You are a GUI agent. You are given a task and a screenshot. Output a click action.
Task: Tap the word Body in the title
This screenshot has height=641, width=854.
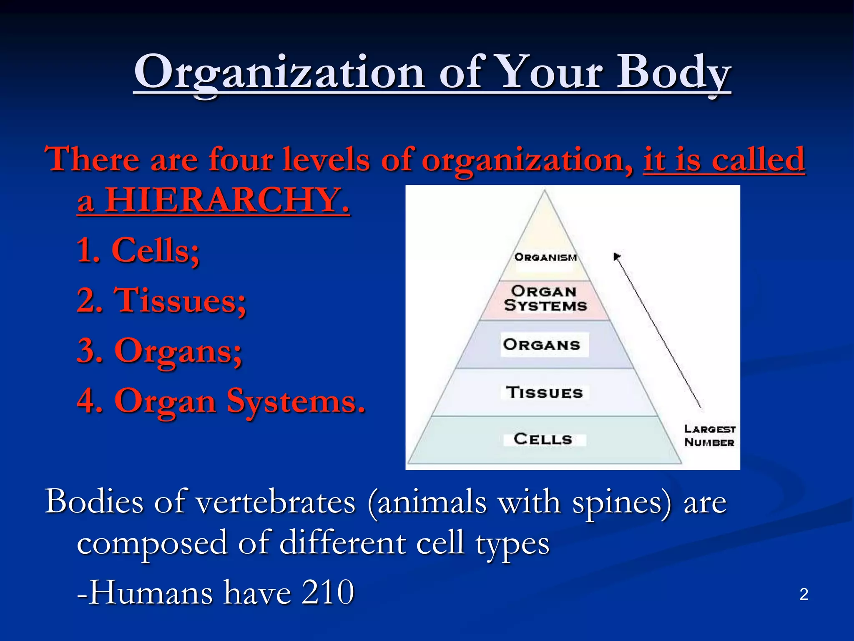(x=673, y=73)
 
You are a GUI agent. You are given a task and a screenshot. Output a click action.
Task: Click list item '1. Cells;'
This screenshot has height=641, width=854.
(x=138, y=250)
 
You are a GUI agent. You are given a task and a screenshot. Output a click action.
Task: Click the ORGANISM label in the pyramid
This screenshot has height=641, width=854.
(x=545, y=257)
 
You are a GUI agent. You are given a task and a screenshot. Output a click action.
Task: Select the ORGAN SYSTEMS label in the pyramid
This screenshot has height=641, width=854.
(x=545, y=298)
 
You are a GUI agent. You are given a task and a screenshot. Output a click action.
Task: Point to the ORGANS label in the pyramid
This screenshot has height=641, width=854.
(x=542, y=345)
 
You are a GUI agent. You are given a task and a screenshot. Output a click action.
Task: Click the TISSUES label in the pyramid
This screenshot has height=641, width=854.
(x=545, y=392)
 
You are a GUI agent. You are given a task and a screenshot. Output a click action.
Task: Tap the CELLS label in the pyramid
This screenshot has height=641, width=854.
(x=543, y=439)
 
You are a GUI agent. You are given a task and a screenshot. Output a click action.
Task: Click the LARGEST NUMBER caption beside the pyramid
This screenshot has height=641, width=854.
(x=709, y=436)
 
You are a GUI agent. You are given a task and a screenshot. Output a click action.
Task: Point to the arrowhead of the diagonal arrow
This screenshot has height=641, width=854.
(x=617, y=256)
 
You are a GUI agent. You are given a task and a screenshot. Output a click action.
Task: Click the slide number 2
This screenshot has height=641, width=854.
(x=804, y=594)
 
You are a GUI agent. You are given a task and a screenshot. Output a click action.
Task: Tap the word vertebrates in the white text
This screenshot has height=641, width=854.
(x=276, y=502)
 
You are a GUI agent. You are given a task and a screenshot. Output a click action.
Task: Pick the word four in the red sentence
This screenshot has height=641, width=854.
(x=241, y=159)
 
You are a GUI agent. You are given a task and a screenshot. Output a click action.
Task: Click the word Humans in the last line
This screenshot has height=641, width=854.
(x=151, y=593)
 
